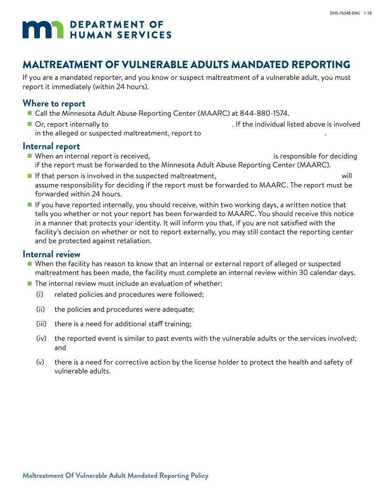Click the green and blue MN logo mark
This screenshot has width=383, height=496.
[x=43, y=30]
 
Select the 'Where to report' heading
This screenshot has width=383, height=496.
[x=54, y=104]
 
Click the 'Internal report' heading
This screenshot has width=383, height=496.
[x=51, y=146]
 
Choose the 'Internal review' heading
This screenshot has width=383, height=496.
[x=51, y=254]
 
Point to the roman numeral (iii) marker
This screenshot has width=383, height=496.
[x=41, y=324]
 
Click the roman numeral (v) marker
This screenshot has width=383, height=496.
[x=40, y=362]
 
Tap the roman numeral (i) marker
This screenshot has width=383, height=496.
[x=40, y=294]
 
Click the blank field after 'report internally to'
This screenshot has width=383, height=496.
[x=170, y=125]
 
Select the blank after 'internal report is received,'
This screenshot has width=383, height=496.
[x=211, y=156]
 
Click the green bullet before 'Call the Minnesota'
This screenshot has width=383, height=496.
[x=29, y=114]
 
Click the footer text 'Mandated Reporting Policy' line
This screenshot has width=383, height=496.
[x=115, y=476]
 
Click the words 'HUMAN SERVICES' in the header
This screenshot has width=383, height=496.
[x=121, y=35]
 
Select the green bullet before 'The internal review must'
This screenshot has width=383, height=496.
[x=29, y=283]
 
